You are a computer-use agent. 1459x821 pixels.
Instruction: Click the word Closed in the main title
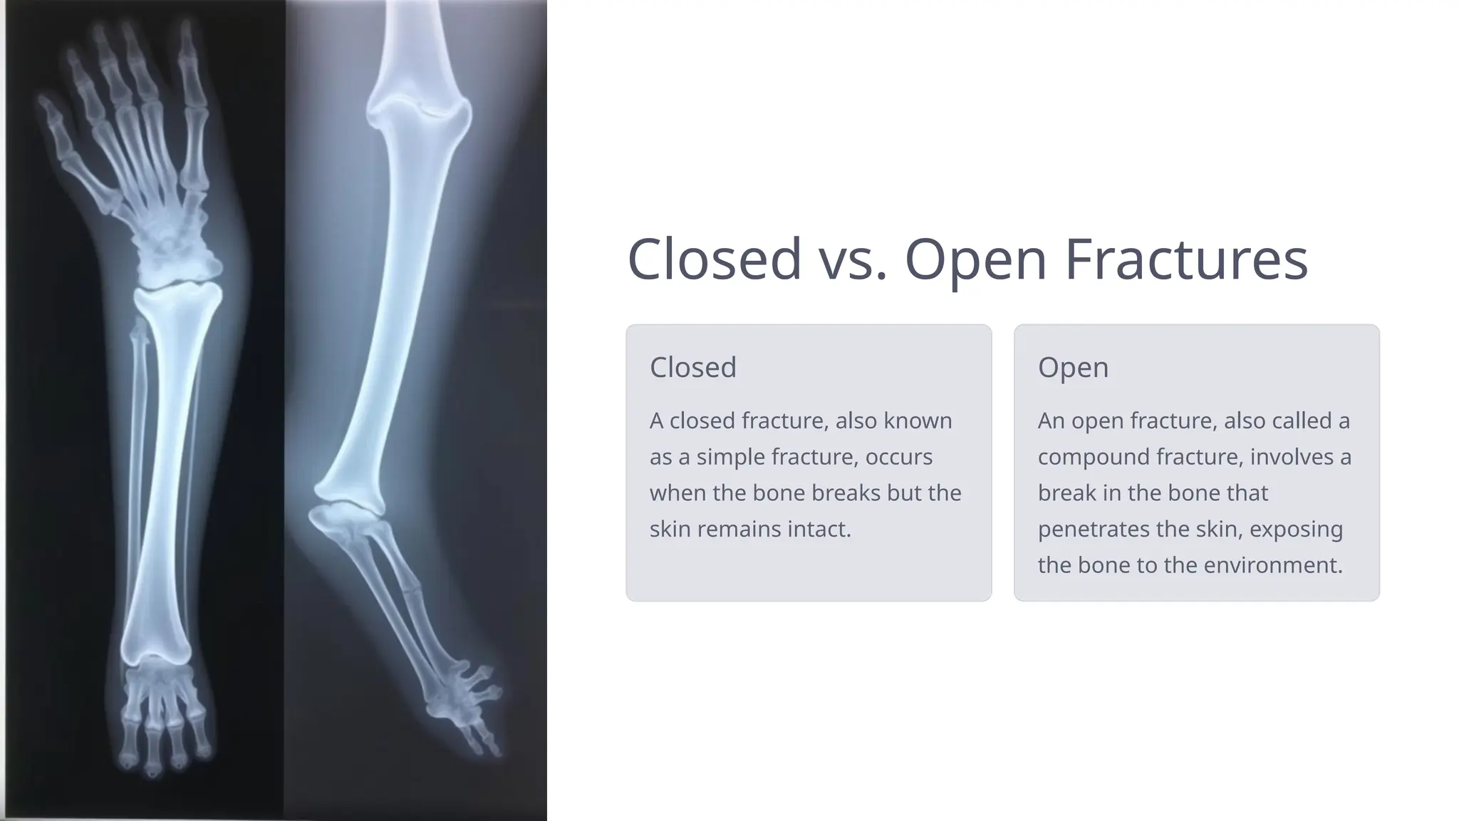pyautogui.click(x=714, y=259)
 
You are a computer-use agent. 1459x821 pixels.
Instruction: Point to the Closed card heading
pyautogui.click(x=692, y=367)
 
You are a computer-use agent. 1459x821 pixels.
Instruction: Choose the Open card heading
pyautogui.click(x=1073, y=367)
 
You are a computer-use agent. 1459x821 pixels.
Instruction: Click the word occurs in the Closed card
pyautogui.click(x=898, y=457)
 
